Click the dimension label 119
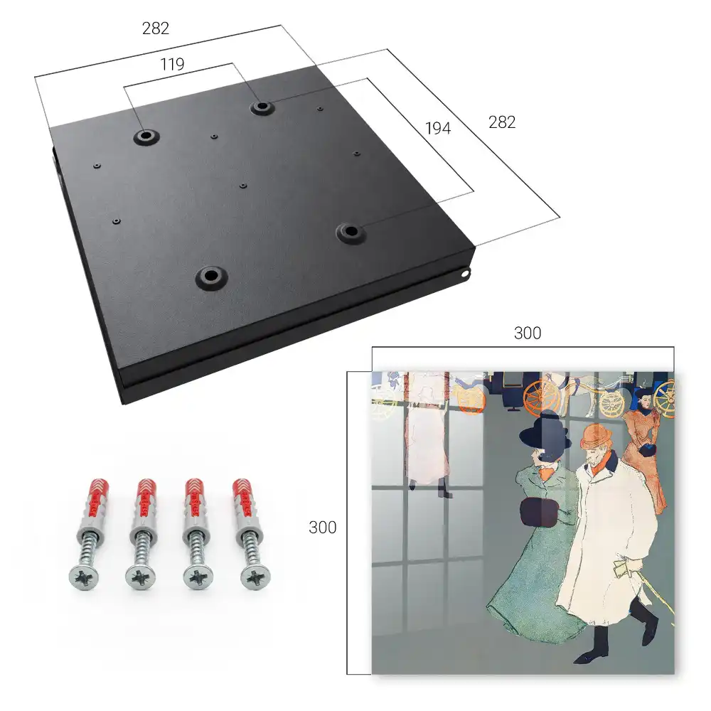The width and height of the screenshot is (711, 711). (172, 65)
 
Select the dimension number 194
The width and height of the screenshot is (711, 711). (438, 128)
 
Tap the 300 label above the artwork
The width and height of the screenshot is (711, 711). (528, 333)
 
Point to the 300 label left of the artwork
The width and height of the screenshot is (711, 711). (322, 528)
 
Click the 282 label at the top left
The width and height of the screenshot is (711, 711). (156, 28)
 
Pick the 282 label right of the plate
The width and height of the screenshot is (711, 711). (502, 122)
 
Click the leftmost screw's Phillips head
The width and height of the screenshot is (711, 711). (84, 577)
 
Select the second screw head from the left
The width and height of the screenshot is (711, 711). (141, 578)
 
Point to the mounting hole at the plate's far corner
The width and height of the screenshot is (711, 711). (262, 107)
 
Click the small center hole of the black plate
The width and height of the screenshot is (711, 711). (243, 186)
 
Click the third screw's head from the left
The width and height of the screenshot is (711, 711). (198, 578)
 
